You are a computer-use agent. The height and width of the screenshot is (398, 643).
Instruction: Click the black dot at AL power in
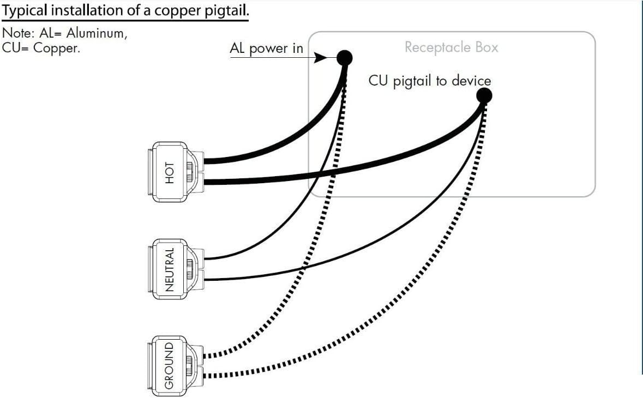[x=345, y=57]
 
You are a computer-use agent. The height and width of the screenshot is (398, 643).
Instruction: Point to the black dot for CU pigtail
[x=484, y=96]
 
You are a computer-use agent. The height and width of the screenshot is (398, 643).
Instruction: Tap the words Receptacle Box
[x=451, y=47]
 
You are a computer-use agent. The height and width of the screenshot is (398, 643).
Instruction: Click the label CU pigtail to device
[x=430, y=81]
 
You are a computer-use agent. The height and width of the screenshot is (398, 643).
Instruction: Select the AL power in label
[x=266, y=49]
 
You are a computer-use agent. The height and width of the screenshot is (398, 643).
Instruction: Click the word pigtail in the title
[x=221, y=11]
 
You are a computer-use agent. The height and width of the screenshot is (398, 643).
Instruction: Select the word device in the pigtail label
[x=471, y=81]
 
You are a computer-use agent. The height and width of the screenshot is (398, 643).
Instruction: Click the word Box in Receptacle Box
[x=486, y=47]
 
